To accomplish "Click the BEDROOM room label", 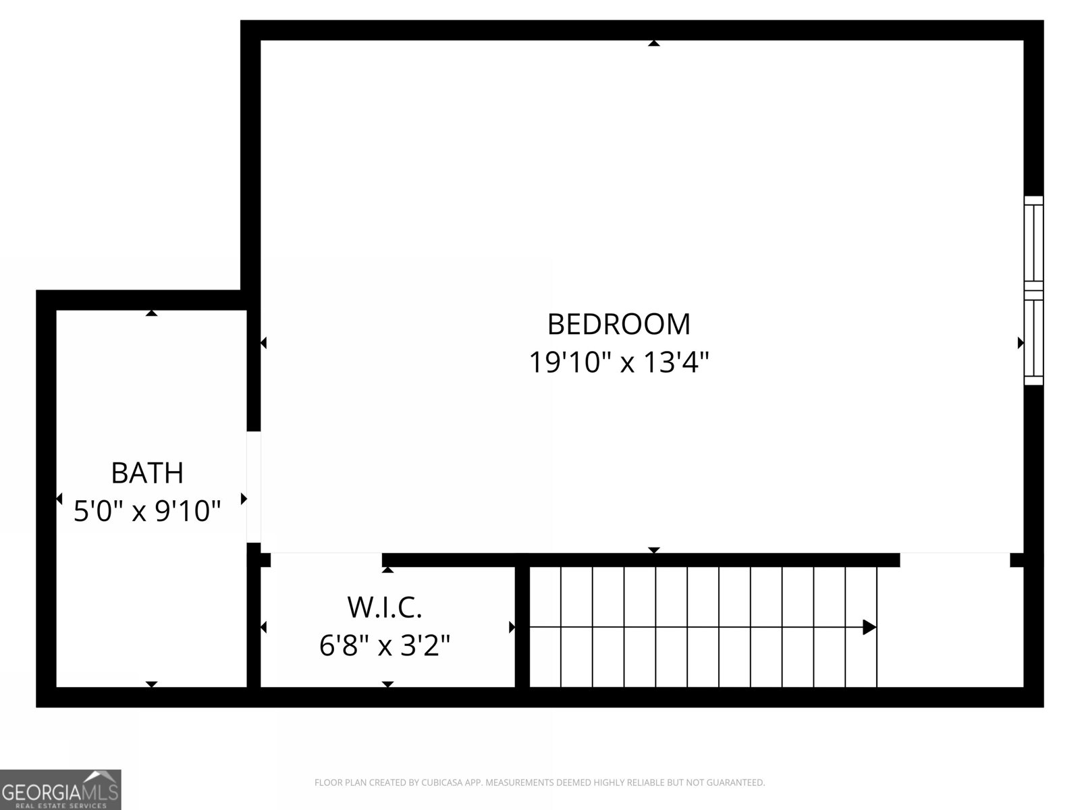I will coord(618,325).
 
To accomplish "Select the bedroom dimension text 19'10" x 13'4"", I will coord(618,363).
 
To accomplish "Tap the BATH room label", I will coord(147,473).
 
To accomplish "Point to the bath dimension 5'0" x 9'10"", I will coord(147,512).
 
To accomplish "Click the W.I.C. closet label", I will coord(385,607).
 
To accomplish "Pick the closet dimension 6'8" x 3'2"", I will coord(385,646).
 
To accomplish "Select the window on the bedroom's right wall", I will coord(1033,290).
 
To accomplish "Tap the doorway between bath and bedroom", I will coord(254,487).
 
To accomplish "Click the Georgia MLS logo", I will coord(60,789).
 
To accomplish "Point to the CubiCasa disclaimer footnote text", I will coord(539,783).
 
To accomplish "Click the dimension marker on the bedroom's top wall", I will coord(653,43).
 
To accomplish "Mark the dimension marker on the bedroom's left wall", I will coord(263,343).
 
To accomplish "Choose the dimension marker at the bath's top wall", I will coord(152,313).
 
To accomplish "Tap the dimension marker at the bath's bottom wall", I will coord(152,684).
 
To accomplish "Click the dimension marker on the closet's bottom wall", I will coord(387,684).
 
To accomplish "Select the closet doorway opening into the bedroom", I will coord(326,560).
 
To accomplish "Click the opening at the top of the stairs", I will coord(954,560).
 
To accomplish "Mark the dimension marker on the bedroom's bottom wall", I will coord(653,551).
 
